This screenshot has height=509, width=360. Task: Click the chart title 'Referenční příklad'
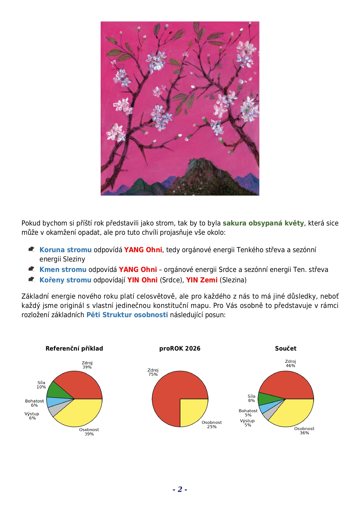coord(74,349)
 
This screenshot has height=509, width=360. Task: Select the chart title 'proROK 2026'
coord(180,349)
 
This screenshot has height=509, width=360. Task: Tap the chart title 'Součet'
coord(285,349)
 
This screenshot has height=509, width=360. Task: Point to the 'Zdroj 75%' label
coord(153,372)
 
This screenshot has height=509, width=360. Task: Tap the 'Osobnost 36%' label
coord(304,431)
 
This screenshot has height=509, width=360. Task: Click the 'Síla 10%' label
coord(41,385)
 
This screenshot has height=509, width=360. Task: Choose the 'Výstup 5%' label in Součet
coord(247,423)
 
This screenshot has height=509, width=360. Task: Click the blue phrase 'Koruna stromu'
coord(65,250)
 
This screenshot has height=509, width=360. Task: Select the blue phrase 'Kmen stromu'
coord(63,270)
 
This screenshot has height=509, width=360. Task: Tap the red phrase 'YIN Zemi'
coord(202,280)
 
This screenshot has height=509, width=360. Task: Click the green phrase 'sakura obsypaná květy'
coord(263,223)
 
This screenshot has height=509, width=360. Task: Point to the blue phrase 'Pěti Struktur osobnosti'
coord(127,315)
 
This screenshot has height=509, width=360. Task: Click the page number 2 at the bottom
coord(180,489)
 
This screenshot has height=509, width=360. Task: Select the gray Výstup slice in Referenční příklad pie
coord(55,410)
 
